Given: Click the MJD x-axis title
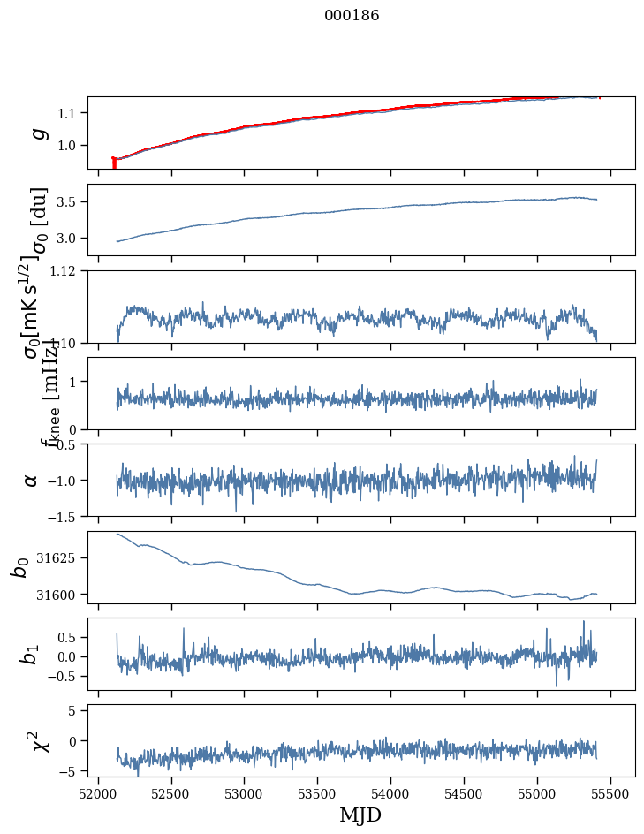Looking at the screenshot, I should [x=360, y=815].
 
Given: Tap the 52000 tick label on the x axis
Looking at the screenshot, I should [x=98, y=794].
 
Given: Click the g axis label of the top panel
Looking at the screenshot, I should [x=37, y=133].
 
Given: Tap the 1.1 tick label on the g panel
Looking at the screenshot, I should [x=71, y=113].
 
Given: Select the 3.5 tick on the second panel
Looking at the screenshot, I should [x=71, y=202].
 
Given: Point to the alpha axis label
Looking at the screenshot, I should [x=32, y=480].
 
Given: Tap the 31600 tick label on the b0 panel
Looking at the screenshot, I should [x=59, y=595].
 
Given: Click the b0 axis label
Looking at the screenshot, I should [x=19, y=567].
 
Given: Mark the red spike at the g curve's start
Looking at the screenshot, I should [x=114, y=163].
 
